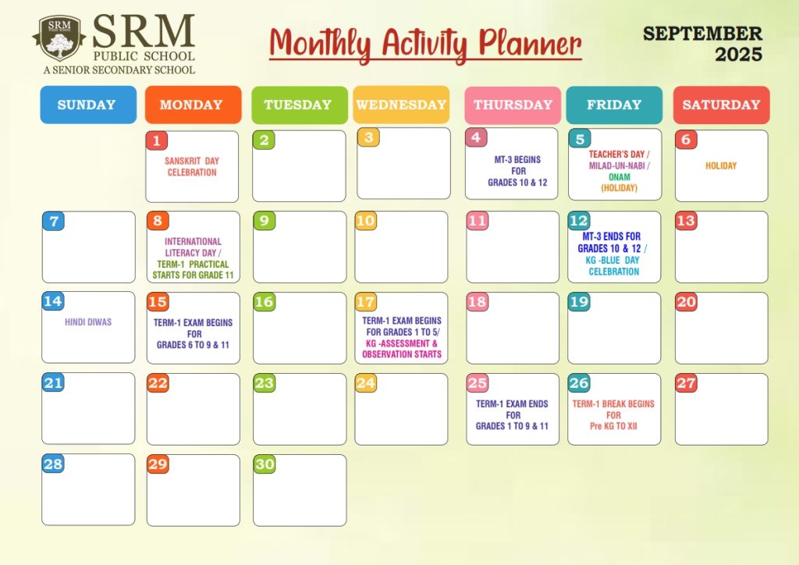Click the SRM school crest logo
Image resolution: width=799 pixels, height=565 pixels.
59,38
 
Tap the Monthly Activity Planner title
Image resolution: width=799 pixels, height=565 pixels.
425,44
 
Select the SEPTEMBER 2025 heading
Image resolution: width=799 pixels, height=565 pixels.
703,44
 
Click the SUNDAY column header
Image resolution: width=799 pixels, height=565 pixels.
88,105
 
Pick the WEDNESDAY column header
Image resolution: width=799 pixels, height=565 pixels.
401,105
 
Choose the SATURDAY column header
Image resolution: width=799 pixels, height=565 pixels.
721,105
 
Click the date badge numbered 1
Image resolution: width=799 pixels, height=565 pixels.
156,140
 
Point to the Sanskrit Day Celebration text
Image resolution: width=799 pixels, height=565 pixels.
192,166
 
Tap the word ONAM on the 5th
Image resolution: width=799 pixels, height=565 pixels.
619,177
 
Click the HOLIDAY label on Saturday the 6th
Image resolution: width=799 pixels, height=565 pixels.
721,165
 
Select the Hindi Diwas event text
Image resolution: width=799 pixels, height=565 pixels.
88,322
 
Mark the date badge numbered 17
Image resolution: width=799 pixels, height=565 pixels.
365,301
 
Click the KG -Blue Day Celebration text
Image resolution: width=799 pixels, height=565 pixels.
613,265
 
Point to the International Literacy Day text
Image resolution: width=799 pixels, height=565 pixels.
193,247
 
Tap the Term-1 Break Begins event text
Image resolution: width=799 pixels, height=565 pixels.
613,414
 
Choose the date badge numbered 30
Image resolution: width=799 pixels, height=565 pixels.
265,464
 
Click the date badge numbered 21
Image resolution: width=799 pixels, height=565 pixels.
53,382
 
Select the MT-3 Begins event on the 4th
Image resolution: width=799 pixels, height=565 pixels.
518,171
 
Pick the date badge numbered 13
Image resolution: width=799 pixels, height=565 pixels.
686,221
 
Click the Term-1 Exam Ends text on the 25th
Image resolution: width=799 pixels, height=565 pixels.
512,414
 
